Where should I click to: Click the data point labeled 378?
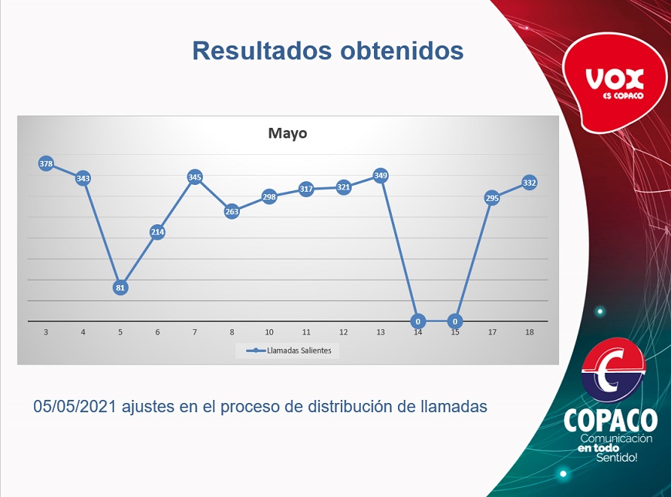click(x=46, y=163)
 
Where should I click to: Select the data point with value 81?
click(x=120, y=287)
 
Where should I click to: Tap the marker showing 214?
click(x=157, y=232)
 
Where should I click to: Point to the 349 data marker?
click(x=380, y=176)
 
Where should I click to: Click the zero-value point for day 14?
click(x=418, y=321)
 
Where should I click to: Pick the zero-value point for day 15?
click(x=455, y=321)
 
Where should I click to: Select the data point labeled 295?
click(x=492, y=198)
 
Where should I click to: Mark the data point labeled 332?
click(x=529, y=183)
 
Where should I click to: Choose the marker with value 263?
click(x=231, y=211)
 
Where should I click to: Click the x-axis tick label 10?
click(x=268, y=332)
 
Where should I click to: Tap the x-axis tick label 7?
click(x=194, y=332)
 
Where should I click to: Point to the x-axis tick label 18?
click(x=529, y=332)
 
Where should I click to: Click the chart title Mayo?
click(x=288, y=133)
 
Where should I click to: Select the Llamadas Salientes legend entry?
click(x=288, y=351)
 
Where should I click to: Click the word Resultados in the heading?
click(x=262, y=50)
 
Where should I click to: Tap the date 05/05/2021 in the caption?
click(x=75, y=406)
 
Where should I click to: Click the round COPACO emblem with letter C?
click(x=613, y=370)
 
